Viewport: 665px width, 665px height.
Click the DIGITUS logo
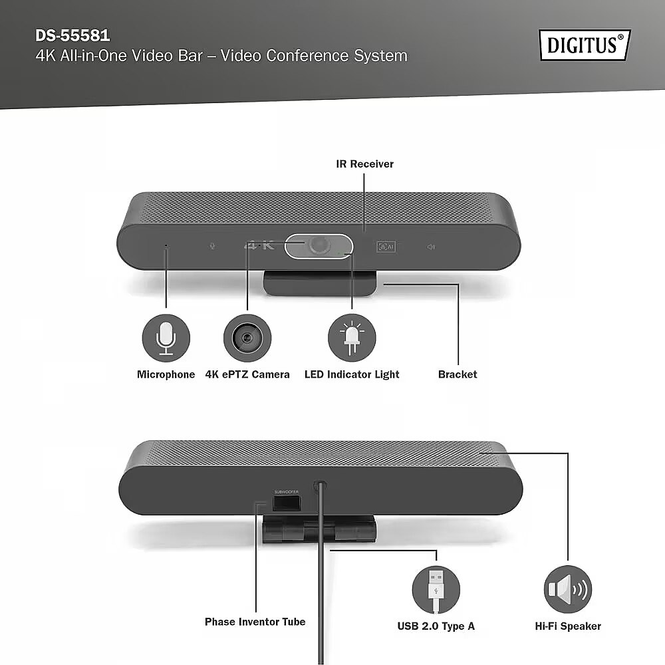(585, 45)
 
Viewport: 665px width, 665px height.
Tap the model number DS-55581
(72, 36)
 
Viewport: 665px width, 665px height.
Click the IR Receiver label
(364, 164)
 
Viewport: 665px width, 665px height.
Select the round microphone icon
(166, 338)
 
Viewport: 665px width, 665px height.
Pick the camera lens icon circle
(247, 338)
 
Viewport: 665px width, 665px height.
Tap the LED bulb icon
(352, 338)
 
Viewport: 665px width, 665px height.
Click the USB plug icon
(436, 590)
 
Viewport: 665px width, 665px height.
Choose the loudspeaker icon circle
(568, 589)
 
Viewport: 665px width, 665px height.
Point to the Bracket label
(458, 374)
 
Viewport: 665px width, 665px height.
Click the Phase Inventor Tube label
(255, 622)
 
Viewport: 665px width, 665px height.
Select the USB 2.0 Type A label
(436, 626)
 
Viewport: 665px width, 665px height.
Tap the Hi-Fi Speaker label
(568, 626)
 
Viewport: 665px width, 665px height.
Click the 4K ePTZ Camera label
(247, 374)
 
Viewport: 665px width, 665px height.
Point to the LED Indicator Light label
(352, 374)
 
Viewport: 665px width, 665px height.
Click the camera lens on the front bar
(319, 245)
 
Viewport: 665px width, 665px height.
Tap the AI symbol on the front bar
(386, 247)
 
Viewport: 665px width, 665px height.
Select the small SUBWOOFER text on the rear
(286, 492)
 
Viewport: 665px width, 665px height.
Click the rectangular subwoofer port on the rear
(286, 503)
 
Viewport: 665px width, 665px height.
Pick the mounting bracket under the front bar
(319, 283)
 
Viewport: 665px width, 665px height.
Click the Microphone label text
(166, 374)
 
